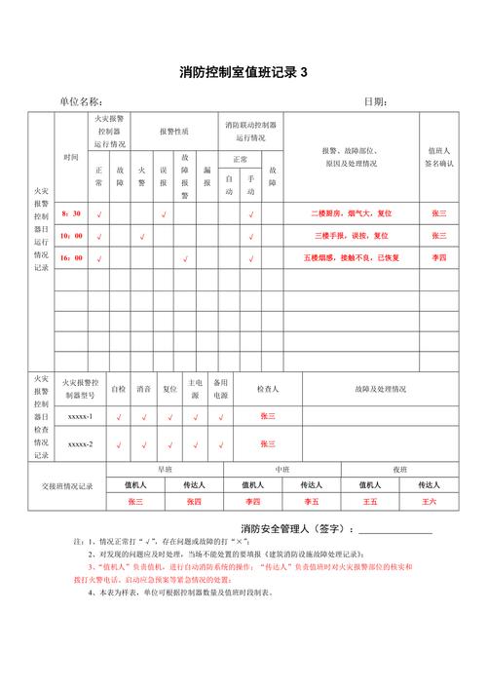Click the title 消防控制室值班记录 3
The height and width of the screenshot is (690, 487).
[243, 72]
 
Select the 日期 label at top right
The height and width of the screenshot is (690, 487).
[375, 101]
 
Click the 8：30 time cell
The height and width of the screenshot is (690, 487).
[71, 212]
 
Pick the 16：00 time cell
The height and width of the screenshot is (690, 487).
[71, 257]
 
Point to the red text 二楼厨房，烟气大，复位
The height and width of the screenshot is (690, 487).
[351, 212]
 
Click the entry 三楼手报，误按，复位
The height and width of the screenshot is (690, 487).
[351, 235]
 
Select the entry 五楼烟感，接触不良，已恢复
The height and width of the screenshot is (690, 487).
[351, 257]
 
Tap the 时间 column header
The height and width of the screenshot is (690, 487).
[71, 157]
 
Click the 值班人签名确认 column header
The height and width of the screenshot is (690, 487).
[438, 157]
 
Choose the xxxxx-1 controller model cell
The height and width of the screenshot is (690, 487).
[80, 416]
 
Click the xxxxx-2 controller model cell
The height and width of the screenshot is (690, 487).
[80, 443]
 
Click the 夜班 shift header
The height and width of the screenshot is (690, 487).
[399, 469]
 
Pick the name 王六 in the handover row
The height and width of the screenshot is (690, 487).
[430, 501]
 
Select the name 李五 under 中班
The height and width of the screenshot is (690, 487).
[311, 501]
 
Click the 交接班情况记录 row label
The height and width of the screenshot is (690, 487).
[66, 486]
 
